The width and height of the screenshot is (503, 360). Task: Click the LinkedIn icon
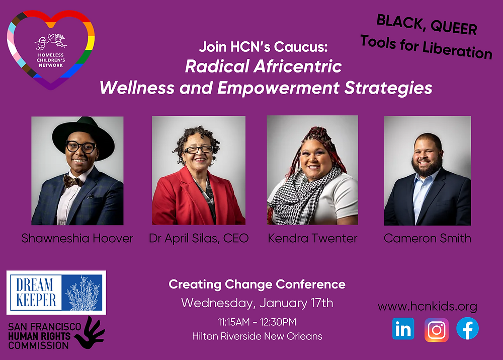[403, 329]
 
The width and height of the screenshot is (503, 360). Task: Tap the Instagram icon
[436, 330]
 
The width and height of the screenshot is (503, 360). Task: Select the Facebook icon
[467, 329]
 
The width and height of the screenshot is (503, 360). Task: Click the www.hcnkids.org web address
[427, 307]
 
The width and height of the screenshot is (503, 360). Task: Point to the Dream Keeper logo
[56, 293]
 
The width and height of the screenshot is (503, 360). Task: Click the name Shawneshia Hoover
[77, 238]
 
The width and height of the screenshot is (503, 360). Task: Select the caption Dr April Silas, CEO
[199, 238]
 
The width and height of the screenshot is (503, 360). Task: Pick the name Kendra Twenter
[312, 238]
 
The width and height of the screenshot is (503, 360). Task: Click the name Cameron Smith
[427, 238]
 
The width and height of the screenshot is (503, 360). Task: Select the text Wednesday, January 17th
[257, 303]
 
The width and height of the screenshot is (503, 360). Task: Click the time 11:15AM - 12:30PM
[257, 321]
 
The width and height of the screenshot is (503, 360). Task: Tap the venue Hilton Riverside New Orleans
[257, 336]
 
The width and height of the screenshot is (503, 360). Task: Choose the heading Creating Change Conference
[257, 284]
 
